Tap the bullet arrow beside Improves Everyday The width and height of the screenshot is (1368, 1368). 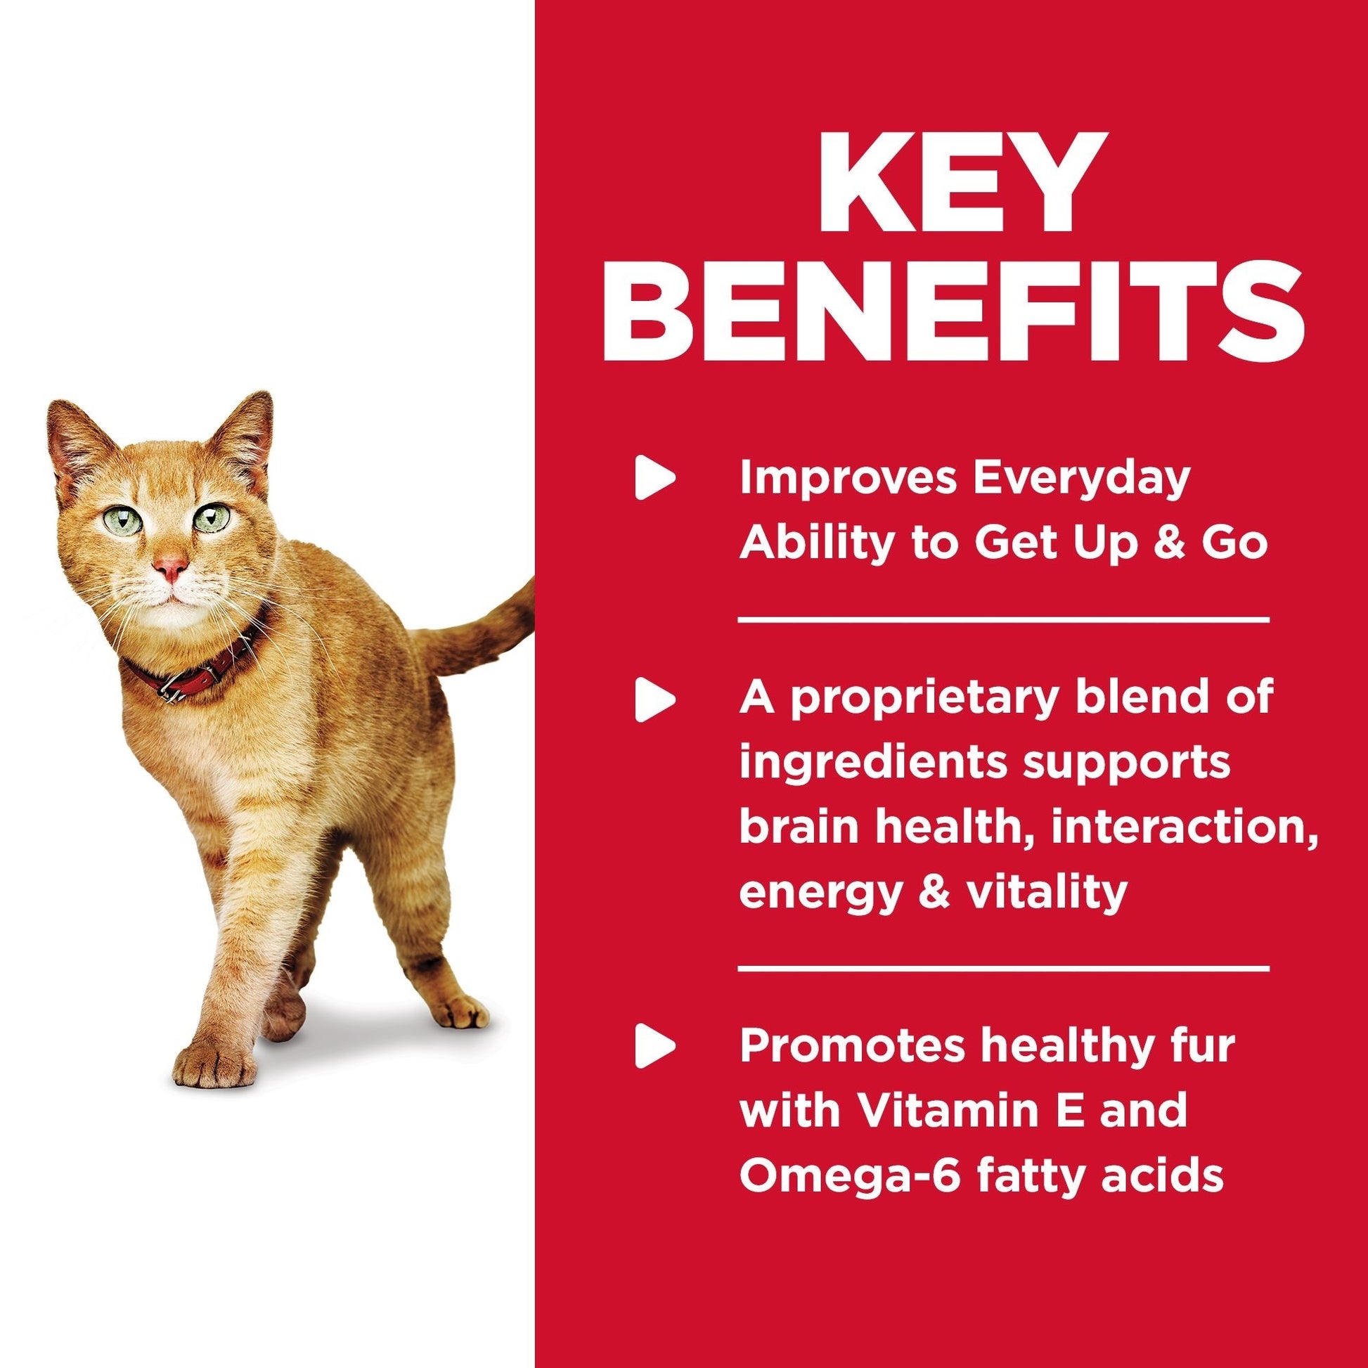coord(655,480)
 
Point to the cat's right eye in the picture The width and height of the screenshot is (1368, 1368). coord(213,518)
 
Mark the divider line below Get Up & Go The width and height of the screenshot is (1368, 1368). coord(1003,620)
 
